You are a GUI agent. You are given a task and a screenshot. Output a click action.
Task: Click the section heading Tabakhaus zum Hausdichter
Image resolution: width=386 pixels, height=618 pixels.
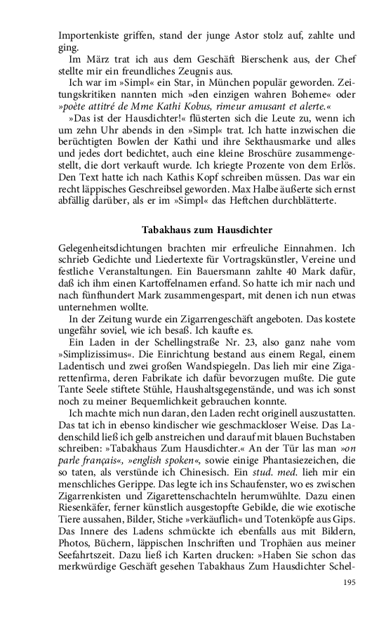tap(207, 230)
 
